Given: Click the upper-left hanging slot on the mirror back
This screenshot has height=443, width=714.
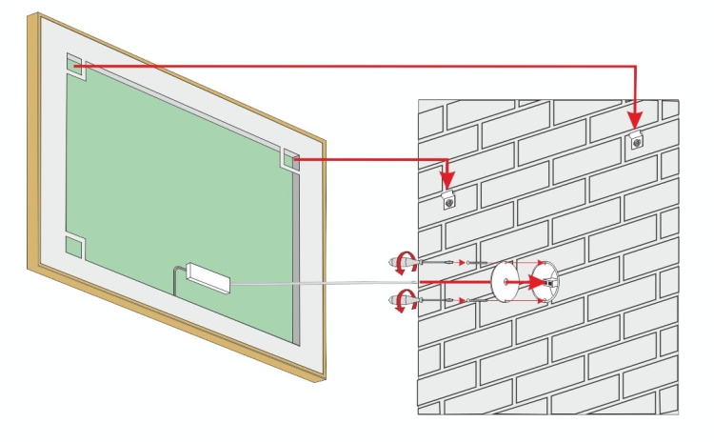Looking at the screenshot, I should (75, 67).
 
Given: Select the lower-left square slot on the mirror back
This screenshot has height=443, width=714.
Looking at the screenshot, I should (74, 247).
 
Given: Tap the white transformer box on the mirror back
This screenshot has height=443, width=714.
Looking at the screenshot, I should (208, 277).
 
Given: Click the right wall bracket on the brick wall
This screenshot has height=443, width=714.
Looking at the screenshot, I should (635, 142).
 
